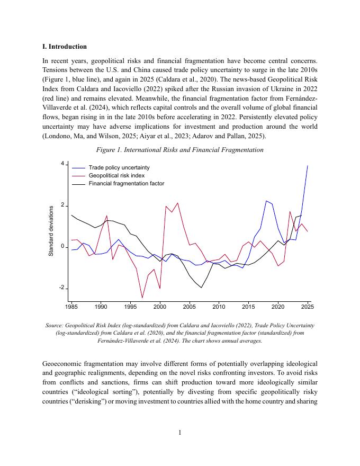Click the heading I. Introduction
[x=65, y=47]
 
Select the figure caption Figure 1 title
[x=179, y=150]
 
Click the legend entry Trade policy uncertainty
[x=119, y=167]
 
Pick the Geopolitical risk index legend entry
[x=116, y=175]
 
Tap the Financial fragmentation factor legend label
[x=126, y=183]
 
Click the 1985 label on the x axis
[x=71, y=307]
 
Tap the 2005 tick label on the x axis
[x=190, y=307]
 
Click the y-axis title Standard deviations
[x=51, y=231]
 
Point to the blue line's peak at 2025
[x=308, y=166]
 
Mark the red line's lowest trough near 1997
[x=142, y=298]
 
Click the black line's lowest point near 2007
[x=201, y=288]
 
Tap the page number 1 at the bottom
[x=180, y=433]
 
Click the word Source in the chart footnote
[x=55, y=325]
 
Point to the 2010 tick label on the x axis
[x=219, y=307]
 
